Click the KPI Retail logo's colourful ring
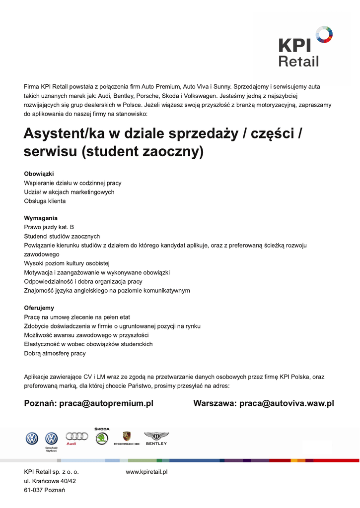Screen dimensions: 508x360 tap(324, 34)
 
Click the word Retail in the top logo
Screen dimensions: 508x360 tap(298, 62)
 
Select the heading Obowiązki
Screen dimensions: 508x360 tap(39, 174)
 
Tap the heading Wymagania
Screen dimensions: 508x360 tap(41, 218)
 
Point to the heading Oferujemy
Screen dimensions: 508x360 tap(39, 308)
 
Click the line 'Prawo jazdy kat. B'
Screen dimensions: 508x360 tap(49, 227)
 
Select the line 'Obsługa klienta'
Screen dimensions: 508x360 tap(45, 201)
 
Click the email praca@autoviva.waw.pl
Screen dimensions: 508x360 tap(287, 404)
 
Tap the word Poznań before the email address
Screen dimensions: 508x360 tap(40, 404)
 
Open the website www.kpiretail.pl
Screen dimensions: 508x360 tap(146, 472)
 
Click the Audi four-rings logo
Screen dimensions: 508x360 tap(76, 437)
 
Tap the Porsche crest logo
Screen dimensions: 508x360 tap(127, 436)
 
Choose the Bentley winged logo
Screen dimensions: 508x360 tap(156, 436)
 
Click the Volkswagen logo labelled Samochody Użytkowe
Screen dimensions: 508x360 tap(52, 439)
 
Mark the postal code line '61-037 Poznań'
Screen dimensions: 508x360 tap(45, 490)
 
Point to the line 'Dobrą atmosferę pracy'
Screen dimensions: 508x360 tap(55, 353)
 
